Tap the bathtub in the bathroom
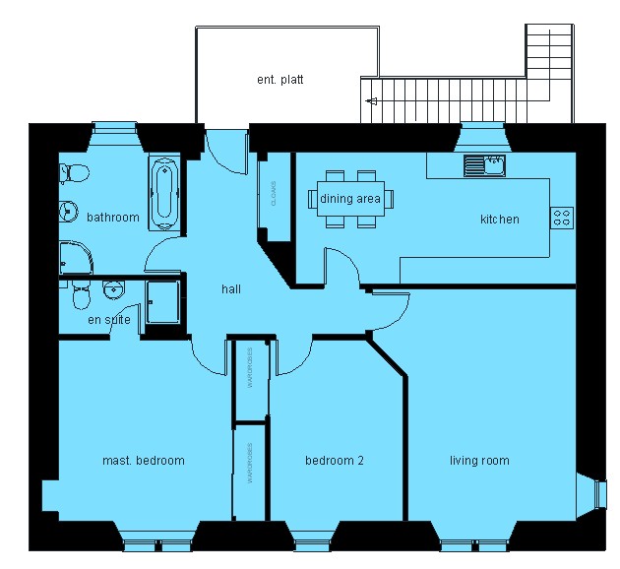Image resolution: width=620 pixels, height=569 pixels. click(163, 193)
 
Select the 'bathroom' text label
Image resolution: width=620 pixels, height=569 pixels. click(112, 217)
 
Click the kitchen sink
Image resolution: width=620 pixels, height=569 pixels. click(485, 164)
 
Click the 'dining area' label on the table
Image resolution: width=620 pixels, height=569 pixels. click(350, 199)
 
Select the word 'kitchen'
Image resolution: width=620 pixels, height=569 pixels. click(499, 219)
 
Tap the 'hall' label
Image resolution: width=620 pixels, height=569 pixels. click(231, 289)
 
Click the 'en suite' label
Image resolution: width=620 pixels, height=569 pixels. click(108, 320)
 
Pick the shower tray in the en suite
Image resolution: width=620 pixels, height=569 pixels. click(163, 301)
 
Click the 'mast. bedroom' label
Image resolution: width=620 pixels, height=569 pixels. click(144, 461)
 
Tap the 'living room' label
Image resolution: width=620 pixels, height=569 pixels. click(479, 461)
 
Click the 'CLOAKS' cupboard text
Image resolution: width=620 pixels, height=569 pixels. click(273, 194)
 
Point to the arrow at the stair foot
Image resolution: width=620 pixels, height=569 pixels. click(371, 100)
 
